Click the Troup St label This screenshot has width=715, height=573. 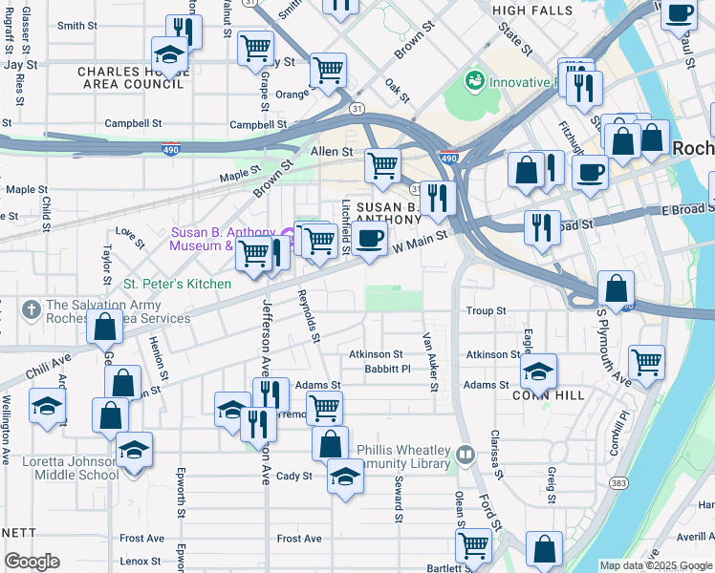coord(486,311)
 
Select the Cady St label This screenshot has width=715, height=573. coord(293,476)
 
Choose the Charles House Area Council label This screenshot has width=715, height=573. coord(130,77)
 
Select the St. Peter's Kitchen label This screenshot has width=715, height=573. coord(177,284)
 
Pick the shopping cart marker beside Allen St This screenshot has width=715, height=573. coord(382,165)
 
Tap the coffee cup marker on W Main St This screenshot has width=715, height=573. coord(370,239)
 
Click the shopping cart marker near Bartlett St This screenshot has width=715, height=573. coord(473,546)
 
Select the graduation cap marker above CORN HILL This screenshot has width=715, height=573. coord(539,371)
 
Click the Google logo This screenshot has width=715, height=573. coord(32,562)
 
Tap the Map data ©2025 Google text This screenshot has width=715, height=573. coord(656,565)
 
